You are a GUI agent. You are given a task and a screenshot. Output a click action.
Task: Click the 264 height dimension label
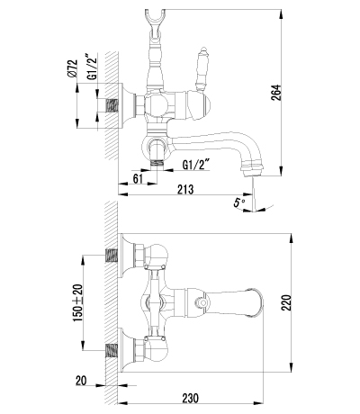[276, 93]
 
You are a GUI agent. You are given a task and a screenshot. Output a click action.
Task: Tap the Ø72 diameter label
[73, 68]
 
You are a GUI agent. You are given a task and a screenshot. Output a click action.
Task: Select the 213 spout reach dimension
[185, 190]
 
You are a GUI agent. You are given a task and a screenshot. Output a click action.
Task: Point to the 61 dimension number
[138, 178]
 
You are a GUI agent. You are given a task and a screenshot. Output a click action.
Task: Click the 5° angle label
[239, 203]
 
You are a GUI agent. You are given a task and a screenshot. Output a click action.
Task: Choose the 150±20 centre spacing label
[78, 302]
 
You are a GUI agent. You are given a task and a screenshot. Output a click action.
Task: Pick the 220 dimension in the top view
[286, 302]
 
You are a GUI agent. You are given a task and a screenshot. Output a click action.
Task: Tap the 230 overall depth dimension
[190, 399]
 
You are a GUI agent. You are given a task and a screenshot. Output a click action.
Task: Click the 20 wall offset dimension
[81, 381]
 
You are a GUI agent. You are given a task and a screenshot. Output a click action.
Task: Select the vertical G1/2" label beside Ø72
[93, 67]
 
